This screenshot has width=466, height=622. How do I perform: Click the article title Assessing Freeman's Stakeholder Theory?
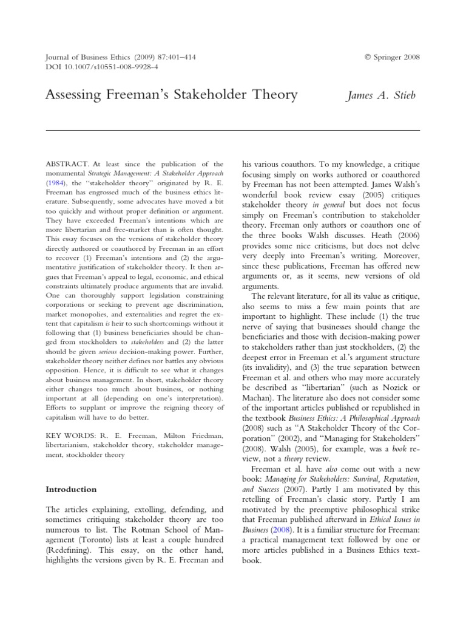(x=172, y=95)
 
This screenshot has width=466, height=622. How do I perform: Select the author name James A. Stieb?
(x=381, y=95)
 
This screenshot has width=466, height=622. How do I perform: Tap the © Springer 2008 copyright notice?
(x=392, y=57)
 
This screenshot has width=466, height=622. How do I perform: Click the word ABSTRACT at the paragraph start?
(x=67, y=164)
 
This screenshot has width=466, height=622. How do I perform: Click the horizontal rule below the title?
(x=233, y=130)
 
